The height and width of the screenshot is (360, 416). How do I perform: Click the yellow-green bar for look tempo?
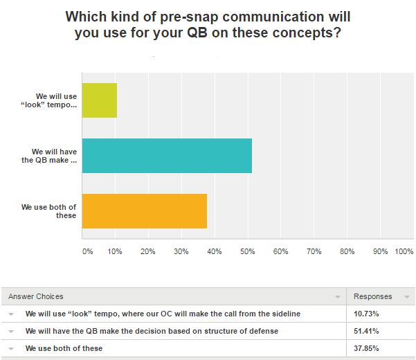100,100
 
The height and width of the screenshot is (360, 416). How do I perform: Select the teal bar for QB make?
168,156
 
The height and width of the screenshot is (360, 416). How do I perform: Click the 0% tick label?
87,251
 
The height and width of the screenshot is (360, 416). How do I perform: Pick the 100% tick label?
404,251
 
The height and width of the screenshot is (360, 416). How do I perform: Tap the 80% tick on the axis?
347,251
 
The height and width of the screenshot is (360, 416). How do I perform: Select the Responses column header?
372,296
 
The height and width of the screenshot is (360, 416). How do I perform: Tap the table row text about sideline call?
163,314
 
